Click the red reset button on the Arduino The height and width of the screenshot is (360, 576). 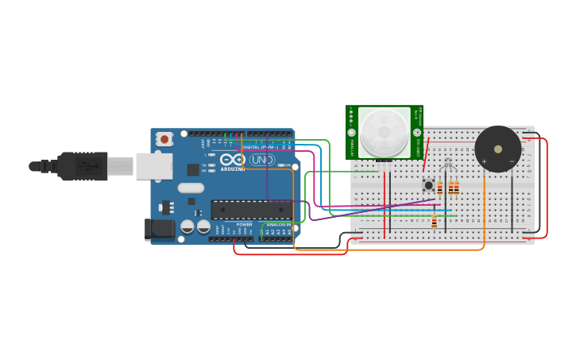click(x=164, y=139)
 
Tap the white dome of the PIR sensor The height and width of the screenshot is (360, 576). click(x=385, y=132)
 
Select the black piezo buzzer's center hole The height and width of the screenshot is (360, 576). click(x=498, y=149)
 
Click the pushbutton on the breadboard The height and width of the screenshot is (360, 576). click(x=428, y=185)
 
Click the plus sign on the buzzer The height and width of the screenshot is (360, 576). click(x=484, y=161)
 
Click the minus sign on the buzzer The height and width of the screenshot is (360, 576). click(x=512, y=161)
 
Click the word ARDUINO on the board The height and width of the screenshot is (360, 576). click(x=233, y=169)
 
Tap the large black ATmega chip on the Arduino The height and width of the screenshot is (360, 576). click(x=251, y=210)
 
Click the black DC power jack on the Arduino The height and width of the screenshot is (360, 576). click(x=160, y=229)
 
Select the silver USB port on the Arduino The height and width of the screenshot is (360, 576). click(x=153, y=166)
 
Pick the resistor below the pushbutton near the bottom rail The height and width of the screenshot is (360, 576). click(x=434, y=223)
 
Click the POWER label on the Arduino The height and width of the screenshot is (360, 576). click(x=244, y=225)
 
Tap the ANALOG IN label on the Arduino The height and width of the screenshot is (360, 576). click(x=277, y=225)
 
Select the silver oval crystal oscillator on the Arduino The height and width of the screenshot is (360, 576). click(x=191, y=188)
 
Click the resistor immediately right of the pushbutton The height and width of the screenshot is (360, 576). click(x=440, y=188)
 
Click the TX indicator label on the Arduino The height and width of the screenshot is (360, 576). click(x=204, y=165)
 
